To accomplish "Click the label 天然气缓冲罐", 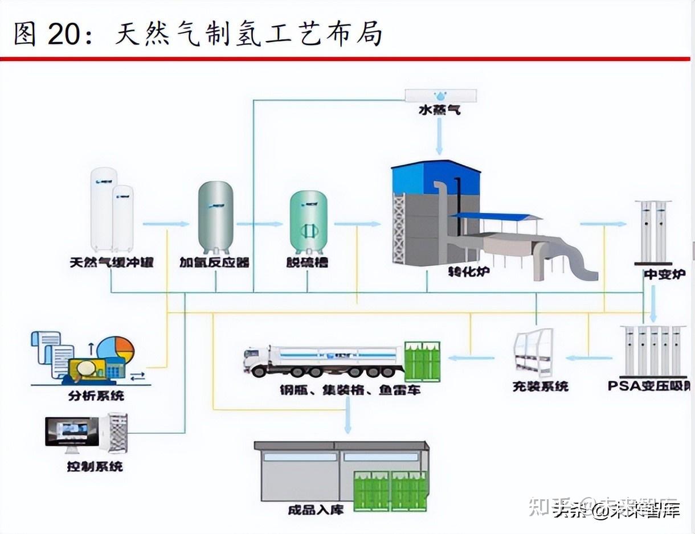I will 112,263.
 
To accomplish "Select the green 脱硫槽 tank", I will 308,222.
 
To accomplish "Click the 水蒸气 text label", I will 439,110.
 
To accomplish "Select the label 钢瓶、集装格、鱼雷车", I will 350,391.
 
